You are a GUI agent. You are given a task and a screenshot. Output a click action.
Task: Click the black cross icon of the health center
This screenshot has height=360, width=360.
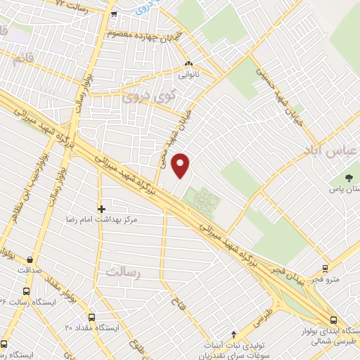102,209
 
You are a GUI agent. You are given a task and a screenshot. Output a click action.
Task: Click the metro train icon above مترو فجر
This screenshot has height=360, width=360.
325,269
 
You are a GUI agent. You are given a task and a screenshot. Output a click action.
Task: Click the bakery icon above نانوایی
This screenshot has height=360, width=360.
188,64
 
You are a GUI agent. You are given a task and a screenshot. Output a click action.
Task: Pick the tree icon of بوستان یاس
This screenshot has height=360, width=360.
349,177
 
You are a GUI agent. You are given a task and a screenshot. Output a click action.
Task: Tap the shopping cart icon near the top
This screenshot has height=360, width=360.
113,13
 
